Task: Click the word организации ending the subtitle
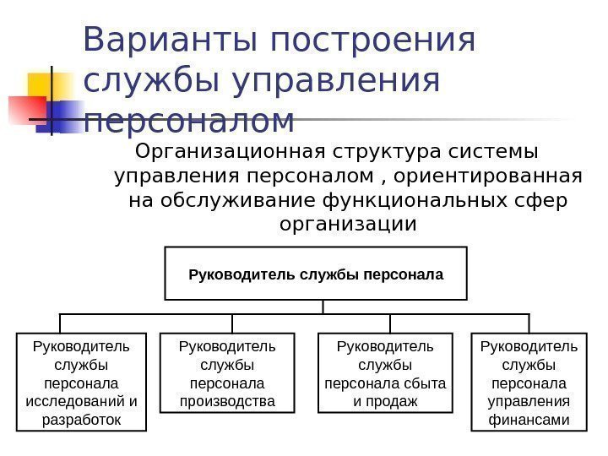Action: pos(347,225)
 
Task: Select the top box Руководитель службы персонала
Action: pos(316,274)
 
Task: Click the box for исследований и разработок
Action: pos(81,382)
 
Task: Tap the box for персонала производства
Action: pos(228,372)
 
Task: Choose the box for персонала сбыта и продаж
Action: pos(385,372)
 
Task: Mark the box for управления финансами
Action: pos(529,382)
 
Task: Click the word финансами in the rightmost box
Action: pos(529,420)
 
